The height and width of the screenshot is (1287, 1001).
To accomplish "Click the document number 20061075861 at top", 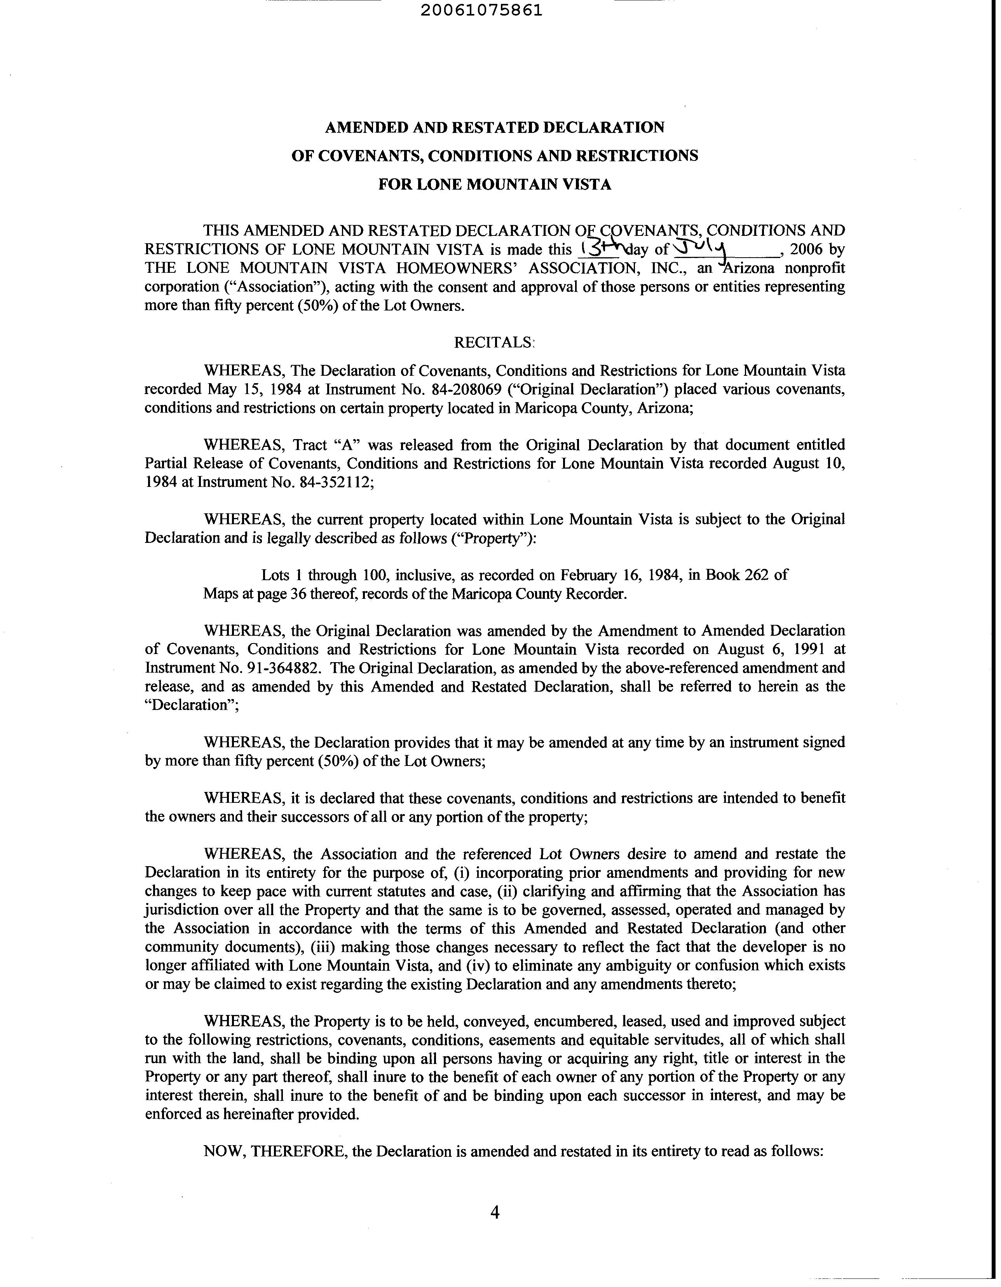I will (481, 11).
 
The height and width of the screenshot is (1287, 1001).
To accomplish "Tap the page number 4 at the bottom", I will (495, 1212).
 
